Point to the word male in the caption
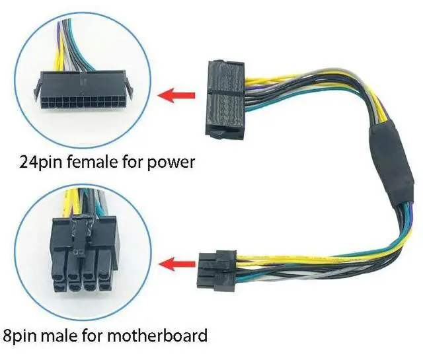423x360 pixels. (67, 335)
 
